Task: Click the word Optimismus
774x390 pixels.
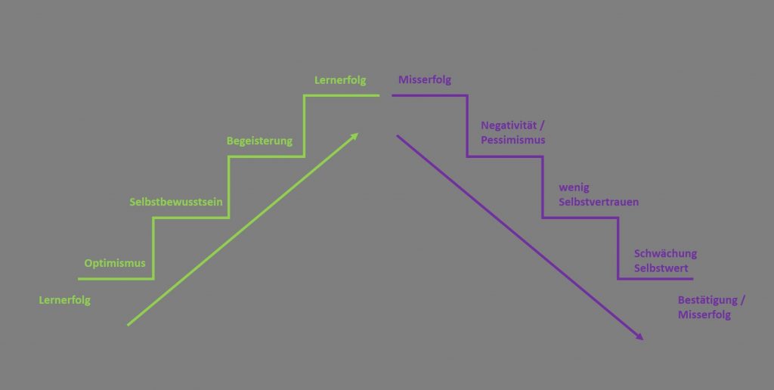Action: (x=115, y=263)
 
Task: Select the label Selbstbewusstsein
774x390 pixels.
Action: (x=176, y=202)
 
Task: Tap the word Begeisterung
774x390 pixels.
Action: (x=259, y=141)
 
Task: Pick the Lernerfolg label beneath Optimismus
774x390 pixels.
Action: (x=64, y=300)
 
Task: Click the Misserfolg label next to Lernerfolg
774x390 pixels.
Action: (x=425, y=79)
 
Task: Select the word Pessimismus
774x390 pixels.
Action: (x=513, y=141)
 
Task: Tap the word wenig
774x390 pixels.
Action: (x=573, y=187)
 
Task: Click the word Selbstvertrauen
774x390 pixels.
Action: (x=599, y=202)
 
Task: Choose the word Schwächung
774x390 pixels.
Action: (x=665, y=253)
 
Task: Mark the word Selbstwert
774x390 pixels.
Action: (x=661, y=268)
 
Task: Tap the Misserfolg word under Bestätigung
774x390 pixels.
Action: (x=704, y=314)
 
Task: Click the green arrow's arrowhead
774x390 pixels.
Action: (x=356, y=136)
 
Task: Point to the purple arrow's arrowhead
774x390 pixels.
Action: (x=640, y=338)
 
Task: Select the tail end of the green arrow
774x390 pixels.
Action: (x=128, y=325)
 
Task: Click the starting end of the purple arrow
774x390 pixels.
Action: (x=398, y=136)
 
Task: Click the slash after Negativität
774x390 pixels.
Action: (x=543, y=125)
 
